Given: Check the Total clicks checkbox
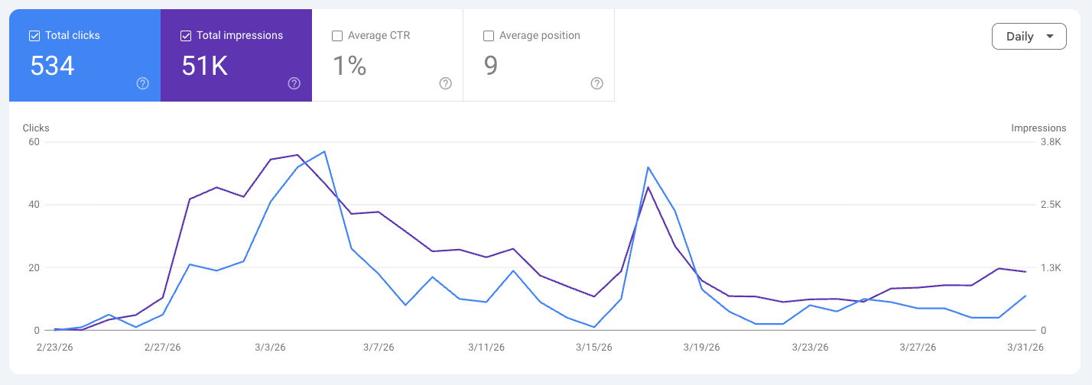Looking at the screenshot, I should point(34,35).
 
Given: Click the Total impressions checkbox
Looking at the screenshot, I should point(186,35).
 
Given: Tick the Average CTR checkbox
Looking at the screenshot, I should point(337,35).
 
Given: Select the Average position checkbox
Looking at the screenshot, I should point(489,35).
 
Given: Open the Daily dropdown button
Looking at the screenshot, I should point(1029,36).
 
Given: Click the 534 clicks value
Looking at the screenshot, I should point(52,66).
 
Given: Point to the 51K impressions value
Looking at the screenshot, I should point(204,66).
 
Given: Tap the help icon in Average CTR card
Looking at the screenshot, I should point(446,83).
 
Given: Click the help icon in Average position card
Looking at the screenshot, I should point(597,83).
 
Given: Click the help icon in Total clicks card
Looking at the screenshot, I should point(142,83).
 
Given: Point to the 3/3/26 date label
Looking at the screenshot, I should point(270,347).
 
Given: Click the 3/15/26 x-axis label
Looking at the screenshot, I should point(594,347).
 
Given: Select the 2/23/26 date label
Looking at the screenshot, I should point(54,347).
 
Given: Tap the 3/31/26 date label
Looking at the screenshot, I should point(1025,347).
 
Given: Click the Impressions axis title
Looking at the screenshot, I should point(1038,128).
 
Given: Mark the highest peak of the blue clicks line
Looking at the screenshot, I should point(325,151).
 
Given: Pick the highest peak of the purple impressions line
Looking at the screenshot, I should point(297,155).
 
